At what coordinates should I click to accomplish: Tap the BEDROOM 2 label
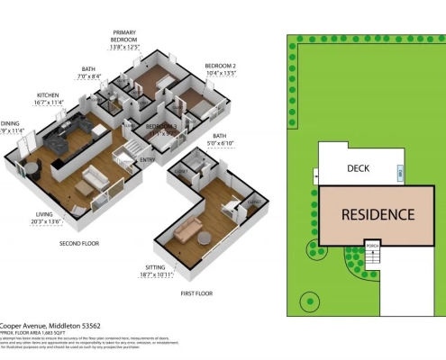(220, 66)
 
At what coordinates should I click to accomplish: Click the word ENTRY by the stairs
(148, 160)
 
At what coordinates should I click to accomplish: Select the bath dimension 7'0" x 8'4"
(86, 77)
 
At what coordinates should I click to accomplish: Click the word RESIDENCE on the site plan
(378, 214)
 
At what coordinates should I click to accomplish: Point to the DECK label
(358, 169)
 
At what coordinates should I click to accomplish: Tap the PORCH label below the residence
(372, 244)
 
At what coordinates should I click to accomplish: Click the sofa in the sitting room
(188, 232)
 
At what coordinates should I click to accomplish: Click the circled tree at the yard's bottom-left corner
(310, 300)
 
